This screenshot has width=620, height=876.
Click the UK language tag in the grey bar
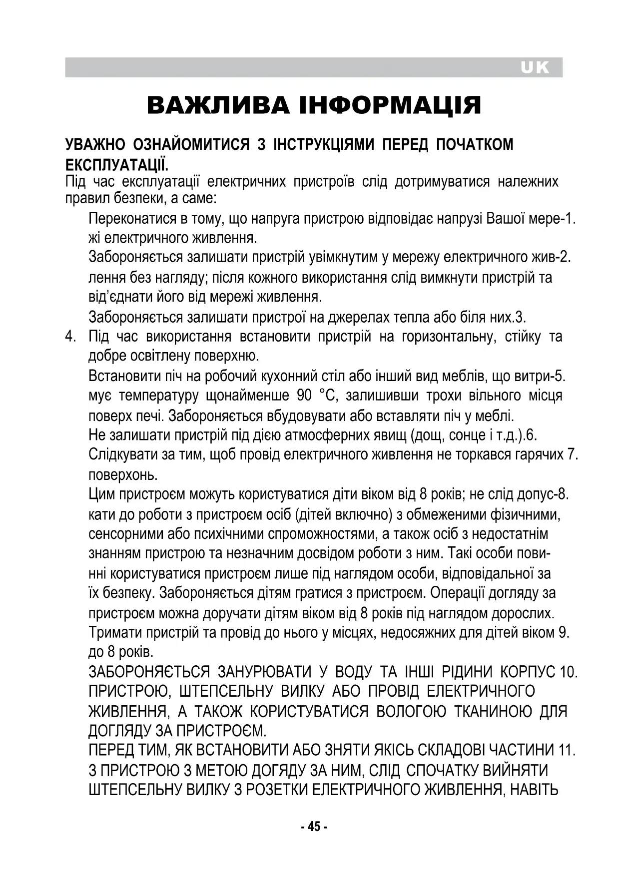(535, 67)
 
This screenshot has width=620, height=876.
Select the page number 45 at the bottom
(314, 827)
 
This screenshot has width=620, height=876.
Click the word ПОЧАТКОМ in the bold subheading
(475, 144)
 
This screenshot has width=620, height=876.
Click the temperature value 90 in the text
(304, 396)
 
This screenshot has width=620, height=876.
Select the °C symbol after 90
(326, 396)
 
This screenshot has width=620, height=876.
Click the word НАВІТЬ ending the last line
(533, 790)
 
